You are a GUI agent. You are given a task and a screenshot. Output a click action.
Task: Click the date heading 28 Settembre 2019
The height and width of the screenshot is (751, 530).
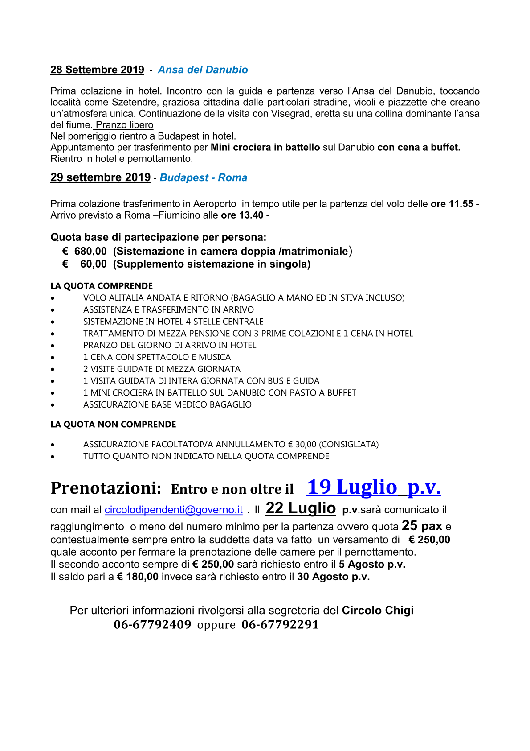pos(97,70)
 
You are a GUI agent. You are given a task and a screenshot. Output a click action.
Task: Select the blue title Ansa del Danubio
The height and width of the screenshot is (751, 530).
pos(203,70)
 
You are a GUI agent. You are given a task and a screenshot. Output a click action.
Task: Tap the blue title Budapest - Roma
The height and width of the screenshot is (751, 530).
pos(203,178)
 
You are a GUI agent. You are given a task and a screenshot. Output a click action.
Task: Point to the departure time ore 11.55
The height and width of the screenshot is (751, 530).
pos(452,204)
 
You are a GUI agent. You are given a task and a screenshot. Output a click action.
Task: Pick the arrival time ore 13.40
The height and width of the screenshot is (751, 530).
pos(242,215)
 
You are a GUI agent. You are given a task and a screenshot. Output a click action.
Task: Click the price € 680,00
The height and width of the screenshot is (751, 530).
pos(85,252)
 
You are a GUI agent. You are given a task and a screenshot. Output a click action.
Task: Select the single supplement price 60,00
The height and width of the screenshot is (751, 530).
pos(93,264)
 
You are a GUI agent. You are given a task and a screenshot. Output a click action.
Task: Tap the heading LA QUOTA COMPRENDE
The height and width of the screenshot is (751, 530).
pos(102,286)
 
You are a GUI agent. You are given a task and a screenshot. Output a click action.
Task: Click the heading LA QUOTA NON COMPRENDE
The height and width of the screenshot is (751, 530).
pos(113,425)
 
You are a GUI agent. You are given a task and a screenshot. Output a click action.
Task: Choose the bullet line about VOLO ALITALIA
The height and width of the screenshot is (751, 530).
pos(244,298)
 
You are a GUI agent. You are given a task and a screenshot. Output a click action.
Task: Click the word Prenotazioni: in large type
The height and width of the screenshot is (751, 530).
pos(106,488)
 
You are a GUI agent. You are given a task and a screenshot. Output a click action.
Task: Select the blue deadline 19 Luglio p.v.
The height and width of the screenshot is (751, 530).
pos(373,487)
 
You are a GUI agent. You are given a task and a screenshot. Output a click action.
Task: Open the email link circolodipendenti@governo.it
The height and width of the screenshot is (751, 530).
pos(173,510)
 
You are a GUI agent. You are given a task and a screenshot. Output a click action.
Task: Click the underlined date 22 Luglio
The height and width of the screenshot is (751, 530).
pos(301,508)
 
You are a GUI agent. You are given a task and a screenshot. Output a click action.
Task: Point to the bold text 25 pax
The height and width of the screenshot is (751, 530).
pos(422,526)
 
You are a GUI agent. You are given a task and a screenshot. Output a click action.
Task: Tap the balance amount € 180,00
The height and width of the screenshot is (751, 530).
pos(138,577)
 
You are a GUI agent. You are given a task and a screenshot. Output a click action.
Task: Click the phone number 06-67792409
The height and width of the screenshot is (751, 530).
pos(152,624)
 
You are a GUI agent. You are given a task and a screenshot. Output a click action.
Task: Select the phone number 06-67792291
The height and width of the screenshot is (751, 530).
pos(280,624)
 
